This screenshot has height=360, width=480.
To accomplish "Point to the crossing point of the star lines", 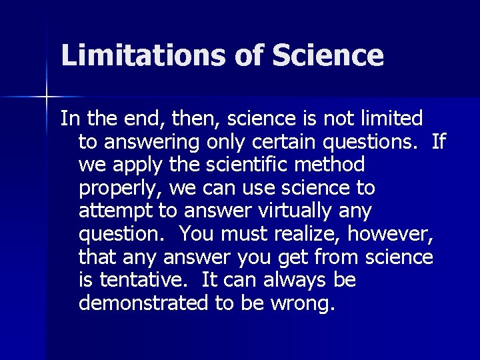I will coord(47,97).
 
